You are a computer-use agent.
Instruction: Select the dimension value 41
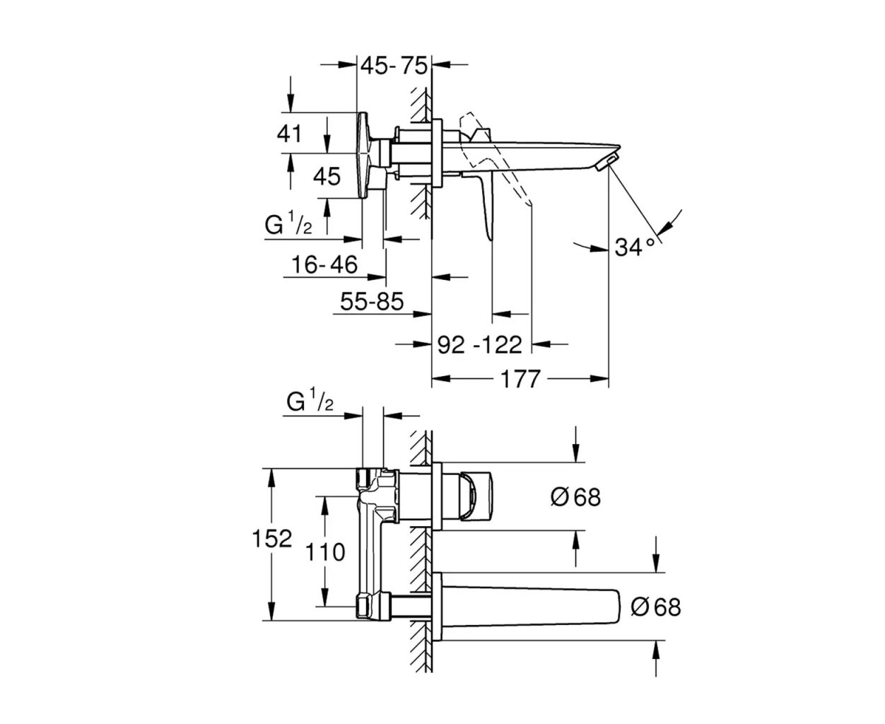pos(289,133)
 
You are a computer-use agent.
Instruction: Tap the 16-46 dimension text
pos(325,265)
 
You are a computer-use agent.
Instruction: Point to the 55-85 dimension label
pos(372,302)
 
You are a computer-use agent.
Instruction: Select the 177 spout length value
pos(520,379)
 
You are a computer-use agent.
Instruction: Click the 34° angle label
pos(635,247)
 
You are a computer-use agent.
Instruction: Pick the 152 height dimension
pos(272,539)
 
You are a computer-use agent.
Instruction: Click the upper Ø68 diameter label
pos(575,497)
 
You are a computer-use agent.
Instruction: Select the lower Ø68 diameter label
pos(655,607)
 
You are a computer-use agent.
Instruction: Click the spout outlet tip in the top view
pos(609,160)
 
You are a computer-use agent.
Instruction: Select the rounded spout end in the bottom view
pos(614,606)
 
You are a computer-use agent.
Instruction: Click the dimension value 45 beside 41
pos(327,175)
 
